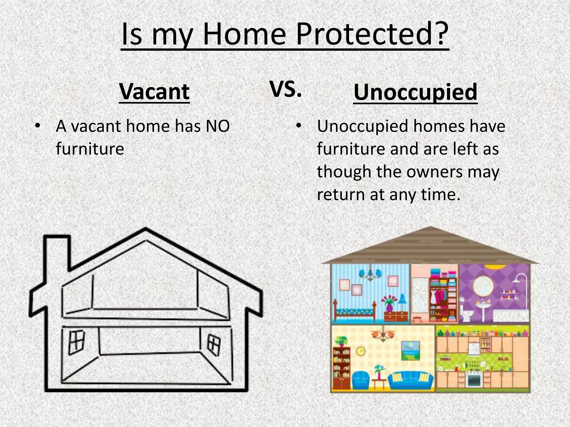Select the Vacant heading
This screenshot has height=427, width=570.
[x=154, y=92]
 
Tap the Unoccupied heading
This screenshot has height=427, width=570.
[x=415, y=92]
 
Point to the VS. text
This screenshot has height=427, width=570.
[x=286, y=90]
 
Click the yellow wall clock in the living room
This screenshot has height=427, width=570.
[x=361, y=351]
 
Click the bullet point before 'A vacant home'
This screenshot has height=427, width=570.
[x=37, y=126]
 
